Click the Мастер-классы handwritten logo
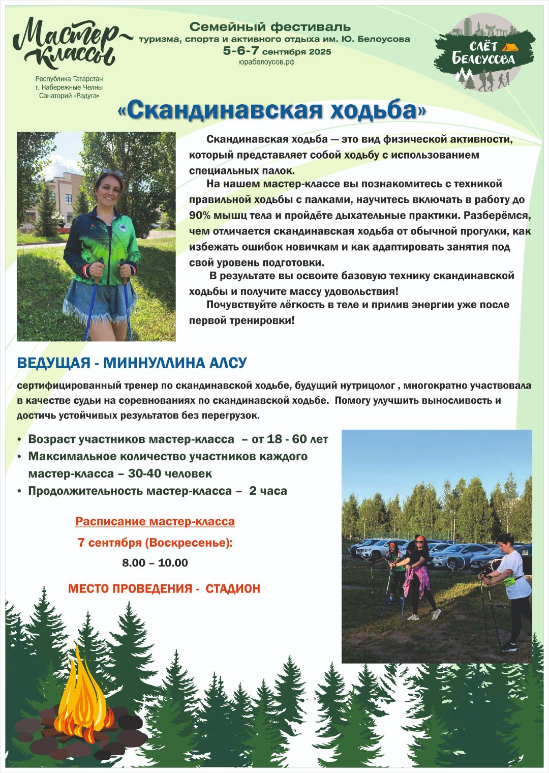66,45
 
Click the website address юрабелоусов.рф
266,62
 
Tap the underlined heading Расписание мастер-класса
155,521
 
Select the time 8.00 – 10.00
155,563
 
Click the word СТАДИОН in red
233,589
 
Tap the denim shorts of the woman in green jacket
100,300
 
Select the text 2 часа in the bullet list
268,491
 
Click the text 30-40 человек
170,474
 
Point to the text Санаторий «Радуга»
69,96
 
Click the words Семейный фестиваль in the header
270,26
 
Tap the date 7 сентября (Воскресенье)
155,543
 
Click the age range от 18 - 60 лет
290,439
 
